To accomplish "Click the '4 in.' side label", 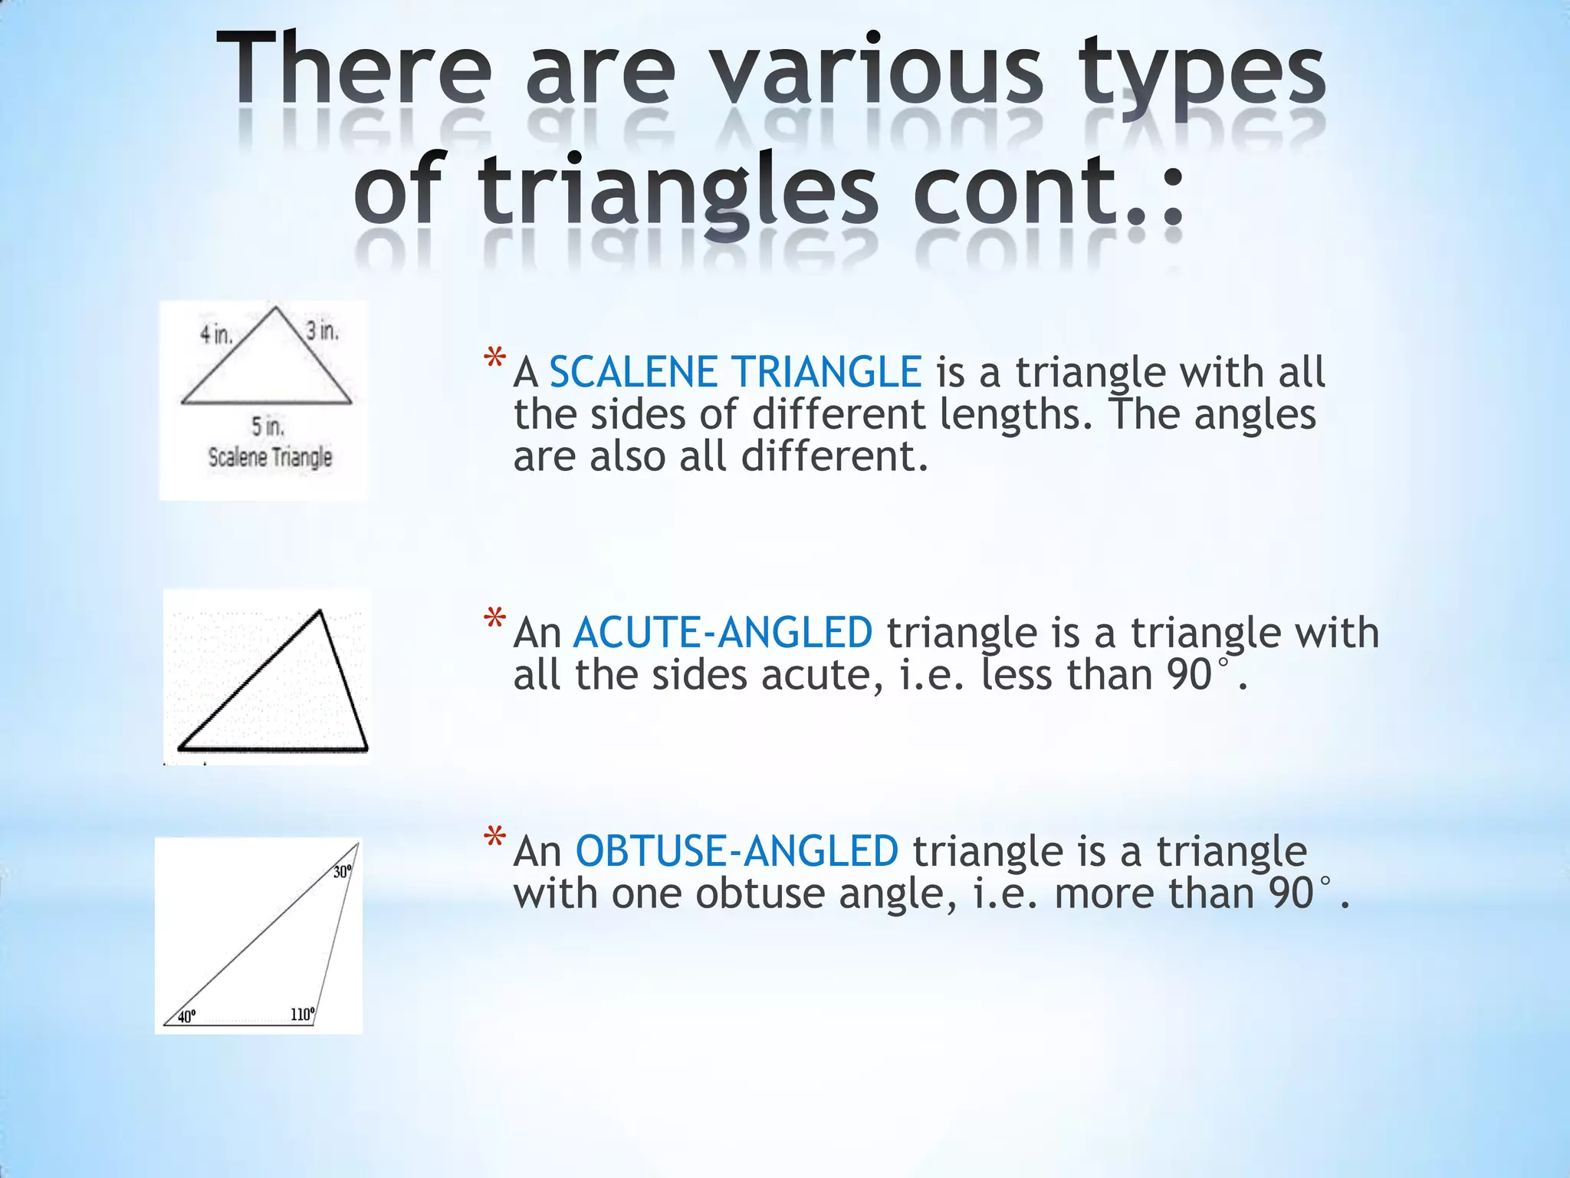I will point(216,335).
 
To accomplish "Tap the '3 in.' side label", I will point(322,331).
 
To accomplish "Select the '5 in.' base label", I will point(268,426).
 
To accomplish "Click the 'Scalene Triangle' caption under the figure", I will point(270,457).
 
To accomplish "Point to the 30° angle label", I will point(342,872).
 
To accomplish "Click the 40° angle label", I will point(186,1017).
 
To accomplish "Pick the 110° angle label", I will point(302,1015).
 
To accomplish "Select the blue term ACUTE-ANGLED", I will point(723,633).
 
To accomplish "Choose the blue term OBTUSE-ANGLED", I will point(737,851).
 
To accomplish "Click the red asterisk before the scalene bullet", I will point(494,359).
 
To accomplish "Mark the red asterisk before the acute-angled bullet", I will point(494,619).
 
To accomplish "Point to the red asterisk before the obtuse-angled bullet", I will point(494,837).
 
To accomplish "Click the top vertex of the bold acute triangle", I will point(320,611).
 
